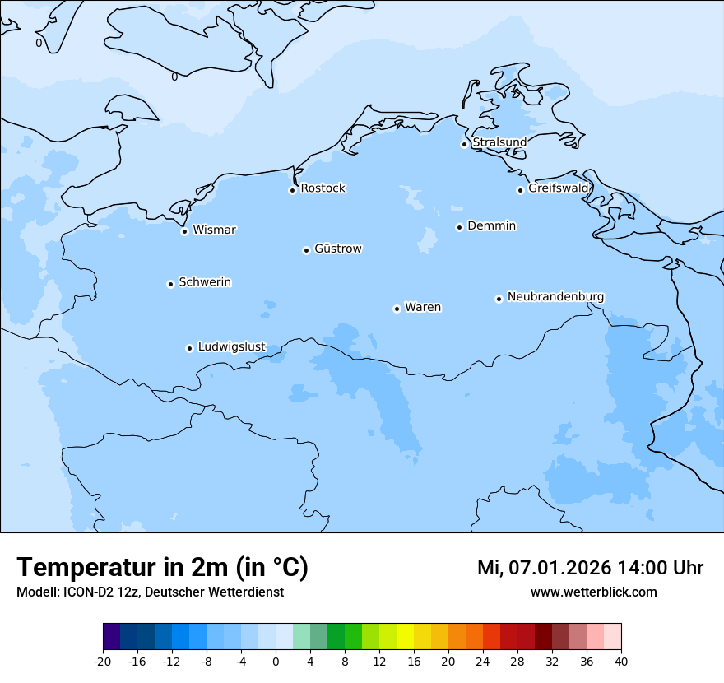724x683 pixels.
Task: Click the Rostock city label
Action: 323,188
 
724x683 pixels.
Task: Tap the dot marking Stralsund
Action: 464,144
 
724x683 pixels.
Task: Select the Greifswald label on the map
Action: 559,188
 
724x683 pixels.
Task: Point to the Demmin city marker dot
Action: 459,227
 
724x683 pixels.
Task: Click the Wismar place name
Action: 214,230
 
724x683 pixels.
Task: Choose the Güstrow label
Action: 337,249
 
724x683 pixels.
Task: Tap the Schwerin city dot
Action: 170,284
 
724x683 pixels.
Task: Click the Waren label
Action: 423,307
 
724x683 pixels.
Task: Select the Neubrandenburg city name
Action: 555,296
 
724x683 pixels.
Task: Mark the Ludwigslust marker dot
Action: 189,348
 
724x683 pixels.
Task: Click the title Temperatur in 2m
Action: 162,568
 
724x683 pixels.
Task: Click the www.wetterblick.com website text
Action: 593,592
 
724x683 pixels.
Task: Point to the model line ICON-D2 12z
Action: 150,592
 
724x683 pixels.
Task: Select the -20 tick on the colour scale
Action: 103,661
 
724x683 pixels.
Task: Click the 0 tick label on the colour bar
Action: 276,661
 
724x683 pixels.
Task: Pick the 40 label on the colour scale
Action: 621,661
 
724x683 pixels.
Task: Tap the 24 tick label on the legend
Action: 483,661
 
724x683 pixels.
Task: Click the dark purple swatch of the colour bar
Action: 112,637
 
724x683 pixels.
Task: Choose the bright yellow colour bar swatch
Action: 405,637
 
